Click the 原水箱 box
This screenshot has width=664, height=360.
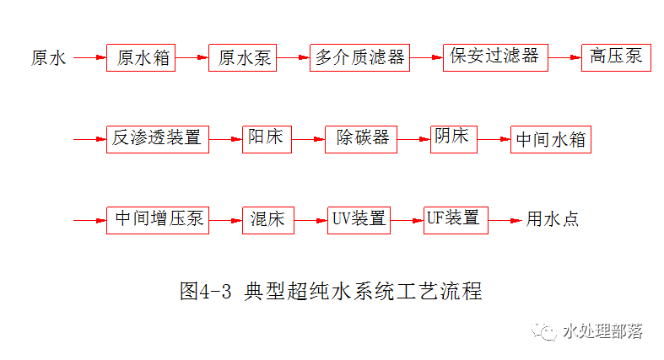[x=141, y=57]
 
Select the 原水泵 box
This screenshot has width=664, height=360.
[x=242, y=57]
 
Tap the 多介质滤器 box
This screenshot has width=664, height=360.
[x=359, y=57]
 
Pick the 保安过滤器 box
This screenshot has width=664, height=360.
[x=495, y=57]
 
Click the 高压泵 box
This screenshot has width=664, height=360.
[x=616, y=57]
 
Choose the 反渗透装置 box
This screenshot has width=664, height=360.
[x=158, y=139]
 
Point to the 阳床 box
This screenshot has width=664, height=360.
[x=267, y=139]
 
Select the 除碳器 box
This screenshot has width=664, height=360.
[x=361, y=139]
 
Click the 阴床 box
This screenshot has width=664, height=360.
[x=453, y=138]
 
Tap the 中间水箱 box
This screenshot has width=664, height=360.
[x=551, y=139]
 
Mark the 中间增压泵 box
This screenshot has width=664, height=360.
[x=158, y=220]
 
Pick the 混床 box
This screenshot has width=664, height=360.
[x=267, y=220]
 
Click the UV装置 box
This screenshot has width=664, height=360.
[x=359, y=220]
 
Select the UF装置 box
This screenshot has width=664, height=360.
[x=455, y=219]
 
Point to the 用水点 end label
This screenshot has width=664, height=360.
[x=553, y=220]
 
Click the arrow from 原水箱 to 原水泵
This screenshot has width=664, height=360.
[x=192, y=57]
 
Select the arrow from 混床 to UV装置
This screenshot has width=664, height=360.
[x=310, y=220]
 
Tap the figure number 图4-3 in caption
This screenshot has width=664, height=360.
[x=206, y=293]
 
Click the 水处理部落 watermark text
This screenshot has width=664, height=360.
[x=602, y=331]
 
